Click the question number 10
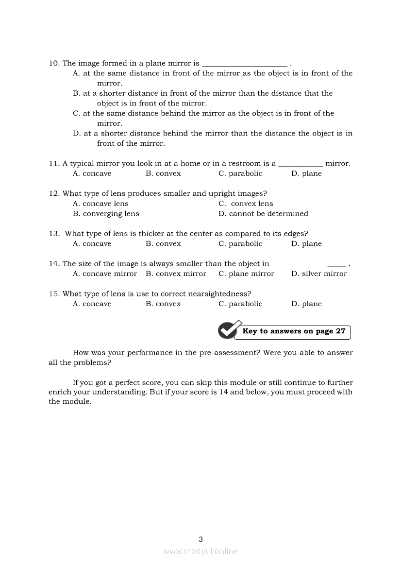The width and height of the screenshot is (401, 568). point(53,63)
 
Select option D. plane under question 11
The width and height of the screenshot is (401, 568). point(306,173)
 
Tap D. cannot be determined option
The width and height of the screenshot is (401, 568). point(263,214)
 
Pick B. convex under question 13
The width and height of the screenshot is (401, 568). point(163,244)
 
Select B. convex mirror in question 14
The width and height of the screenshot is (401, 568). point(176,274)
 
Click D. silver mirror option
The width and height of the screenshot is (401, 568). point(319,274)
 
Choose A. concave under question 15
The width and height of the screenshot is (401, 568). point(92,304)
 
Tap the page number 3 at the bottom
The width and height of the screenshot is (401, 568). point(200,539)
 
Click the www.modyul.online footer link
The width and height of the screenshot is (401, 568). point(200,551)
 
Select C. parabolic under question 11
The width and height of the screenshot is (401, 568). point(240,173)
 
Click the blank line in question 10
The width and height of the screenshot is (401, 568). point(244,65)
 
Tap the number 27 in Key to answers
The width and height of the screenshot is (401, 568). point(340,331)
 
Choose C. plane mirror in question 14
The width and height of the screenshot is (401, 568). point(246,274)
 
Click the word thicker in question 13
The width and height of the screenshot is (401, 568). point(151,234)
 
